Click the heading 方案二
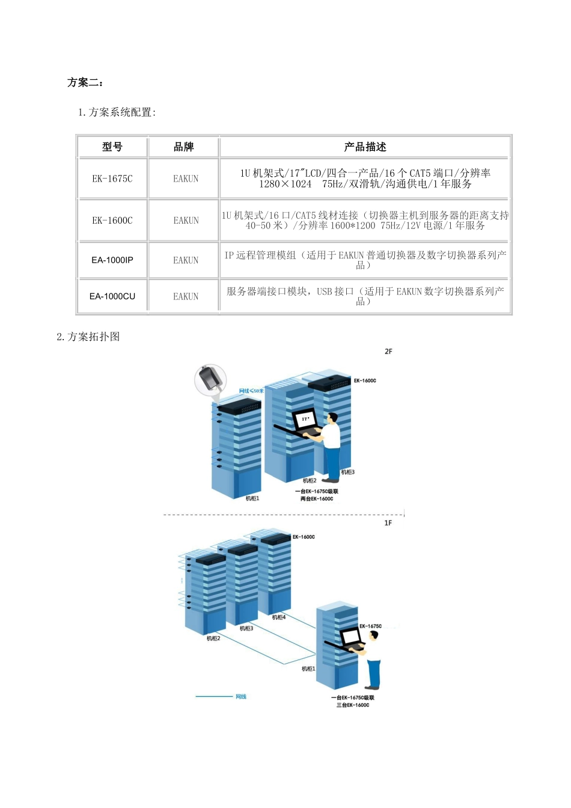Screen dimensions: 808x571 click(85, 82)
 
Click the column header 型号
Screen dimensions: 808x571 click(112, 147)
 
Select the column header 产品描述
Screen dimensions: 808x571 click(365, 147)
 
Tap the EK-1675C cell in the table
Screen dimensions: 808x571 click(112, 179)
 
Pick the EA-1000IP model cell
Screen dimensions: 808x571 click(112, 260)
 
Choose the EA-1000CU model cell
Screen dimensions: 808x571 click(112, 296)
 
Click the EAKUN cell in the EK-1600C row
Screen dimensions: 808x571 click(186, 221)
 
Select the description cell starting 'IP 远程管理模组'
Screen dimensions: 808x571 click(365, 260)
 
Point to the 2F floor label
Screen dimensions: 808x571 click(388, 352)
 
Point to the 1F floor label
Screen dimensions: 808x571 click(388, 523)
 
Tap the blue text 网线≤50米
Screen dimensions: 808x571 click(251, 391)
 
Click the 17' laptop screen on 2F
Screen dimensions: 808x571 click(305, 419)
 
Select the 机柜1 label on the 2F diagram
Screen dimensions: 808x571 click(252, 498)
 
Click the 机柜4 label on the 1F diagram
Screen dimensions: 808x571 click(279, 617)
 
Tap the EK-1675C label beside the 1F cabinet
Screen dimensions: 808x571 click(370, 626)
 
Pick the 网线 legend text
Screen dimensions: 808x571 click(241, 697)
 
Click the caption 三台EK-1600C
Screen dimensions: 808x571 click(353, 705)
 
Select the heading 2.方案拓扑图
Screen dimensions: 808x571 click(88, 337)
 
